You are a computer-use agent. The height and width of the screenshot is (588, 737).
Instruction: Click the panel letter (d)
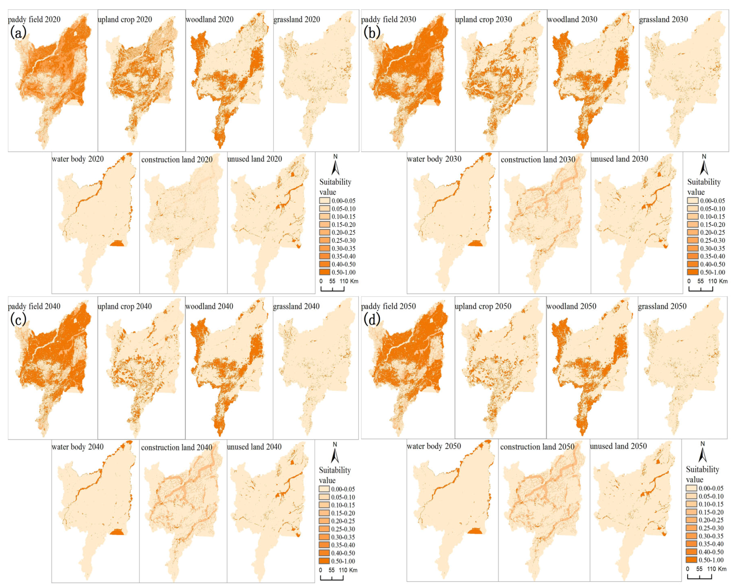[x=372, y=320]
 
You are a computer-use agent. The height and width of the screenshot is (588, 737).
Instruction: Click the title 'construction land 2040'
[x=176, y=447]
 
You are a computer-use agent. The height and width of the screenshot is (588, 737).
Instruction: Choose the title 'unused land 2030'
[x=619, y=159]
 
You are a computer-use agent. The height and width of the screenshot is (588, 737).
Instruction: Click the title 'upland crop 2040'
[x=125, y=306]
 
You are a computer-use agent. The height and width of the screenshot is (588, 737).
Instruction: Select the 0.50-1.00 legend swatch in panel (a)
[x=324, y=272]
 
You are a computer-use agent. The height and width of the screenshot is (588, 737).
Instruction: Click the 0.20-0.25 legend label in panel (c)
[x=343, y=521]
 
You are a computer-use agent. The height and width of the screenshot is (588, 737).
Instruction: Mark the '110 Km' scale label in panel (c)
[x=348, y=570]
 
